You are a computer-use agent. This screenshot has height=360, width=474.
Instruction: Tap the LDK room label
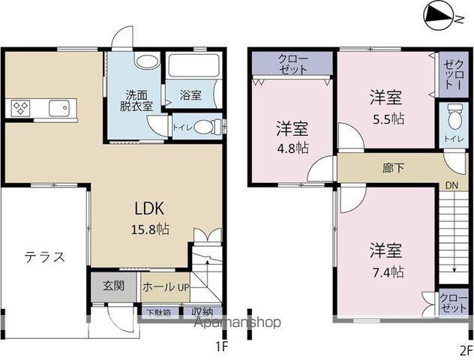coord(149,208)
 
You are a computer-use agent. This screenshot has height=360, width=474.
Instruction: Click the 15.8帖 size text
coord(150,229)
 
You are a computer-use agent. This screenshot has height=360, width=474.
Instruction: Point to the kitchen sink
coord(59,108)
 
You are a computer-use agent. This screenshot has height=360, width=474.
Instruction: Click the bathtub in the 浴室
coord(193,65)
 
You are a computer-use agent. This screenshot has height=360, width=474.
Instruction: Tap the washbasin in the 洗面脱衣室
coord(148,61)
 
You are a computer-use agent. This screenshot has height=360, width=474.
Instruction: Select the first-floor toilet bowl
coord(208,127)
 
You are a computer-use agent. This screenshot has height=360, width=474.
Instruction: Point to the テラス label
coord(45,257)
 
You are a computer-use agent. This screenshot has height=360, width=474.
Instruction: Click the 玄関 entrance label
coord(114,286)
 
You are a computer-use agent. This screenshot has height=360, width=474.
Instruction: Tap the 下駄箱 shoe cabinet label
coord(159,312)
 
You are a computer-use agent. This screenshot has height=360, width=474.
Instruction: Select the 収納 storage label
coord(202,312)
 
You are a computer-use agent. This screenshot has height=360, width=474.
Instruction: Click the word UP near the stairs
coord(183,287)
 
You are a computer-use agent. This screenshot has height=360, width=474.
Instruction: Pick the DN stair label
coord(451,185)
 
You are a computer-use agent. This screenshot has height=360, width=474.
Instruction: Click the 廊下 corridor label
coord(393,168)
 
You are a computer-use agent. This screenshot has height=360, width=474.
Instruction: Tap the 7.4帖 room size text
coord(388,272)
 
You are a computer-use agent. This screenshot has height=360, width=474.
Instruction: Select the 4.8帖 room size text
coord(293,148)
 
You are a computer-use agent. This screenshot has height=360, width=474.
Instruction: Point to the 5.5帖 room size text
coord(388,119)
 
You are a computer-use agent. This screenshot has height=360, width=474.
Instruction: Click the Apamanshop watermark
coord(237,322)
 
